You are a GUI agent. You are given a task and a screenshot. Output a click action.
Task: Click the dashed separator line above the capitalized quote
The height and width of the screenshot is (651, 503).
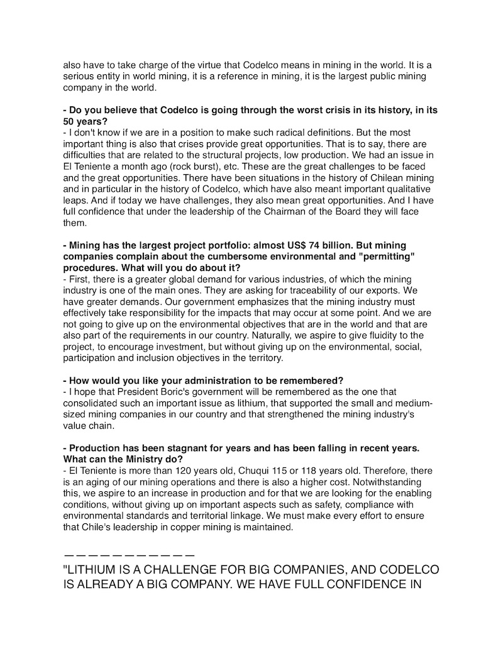(129, 556)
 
